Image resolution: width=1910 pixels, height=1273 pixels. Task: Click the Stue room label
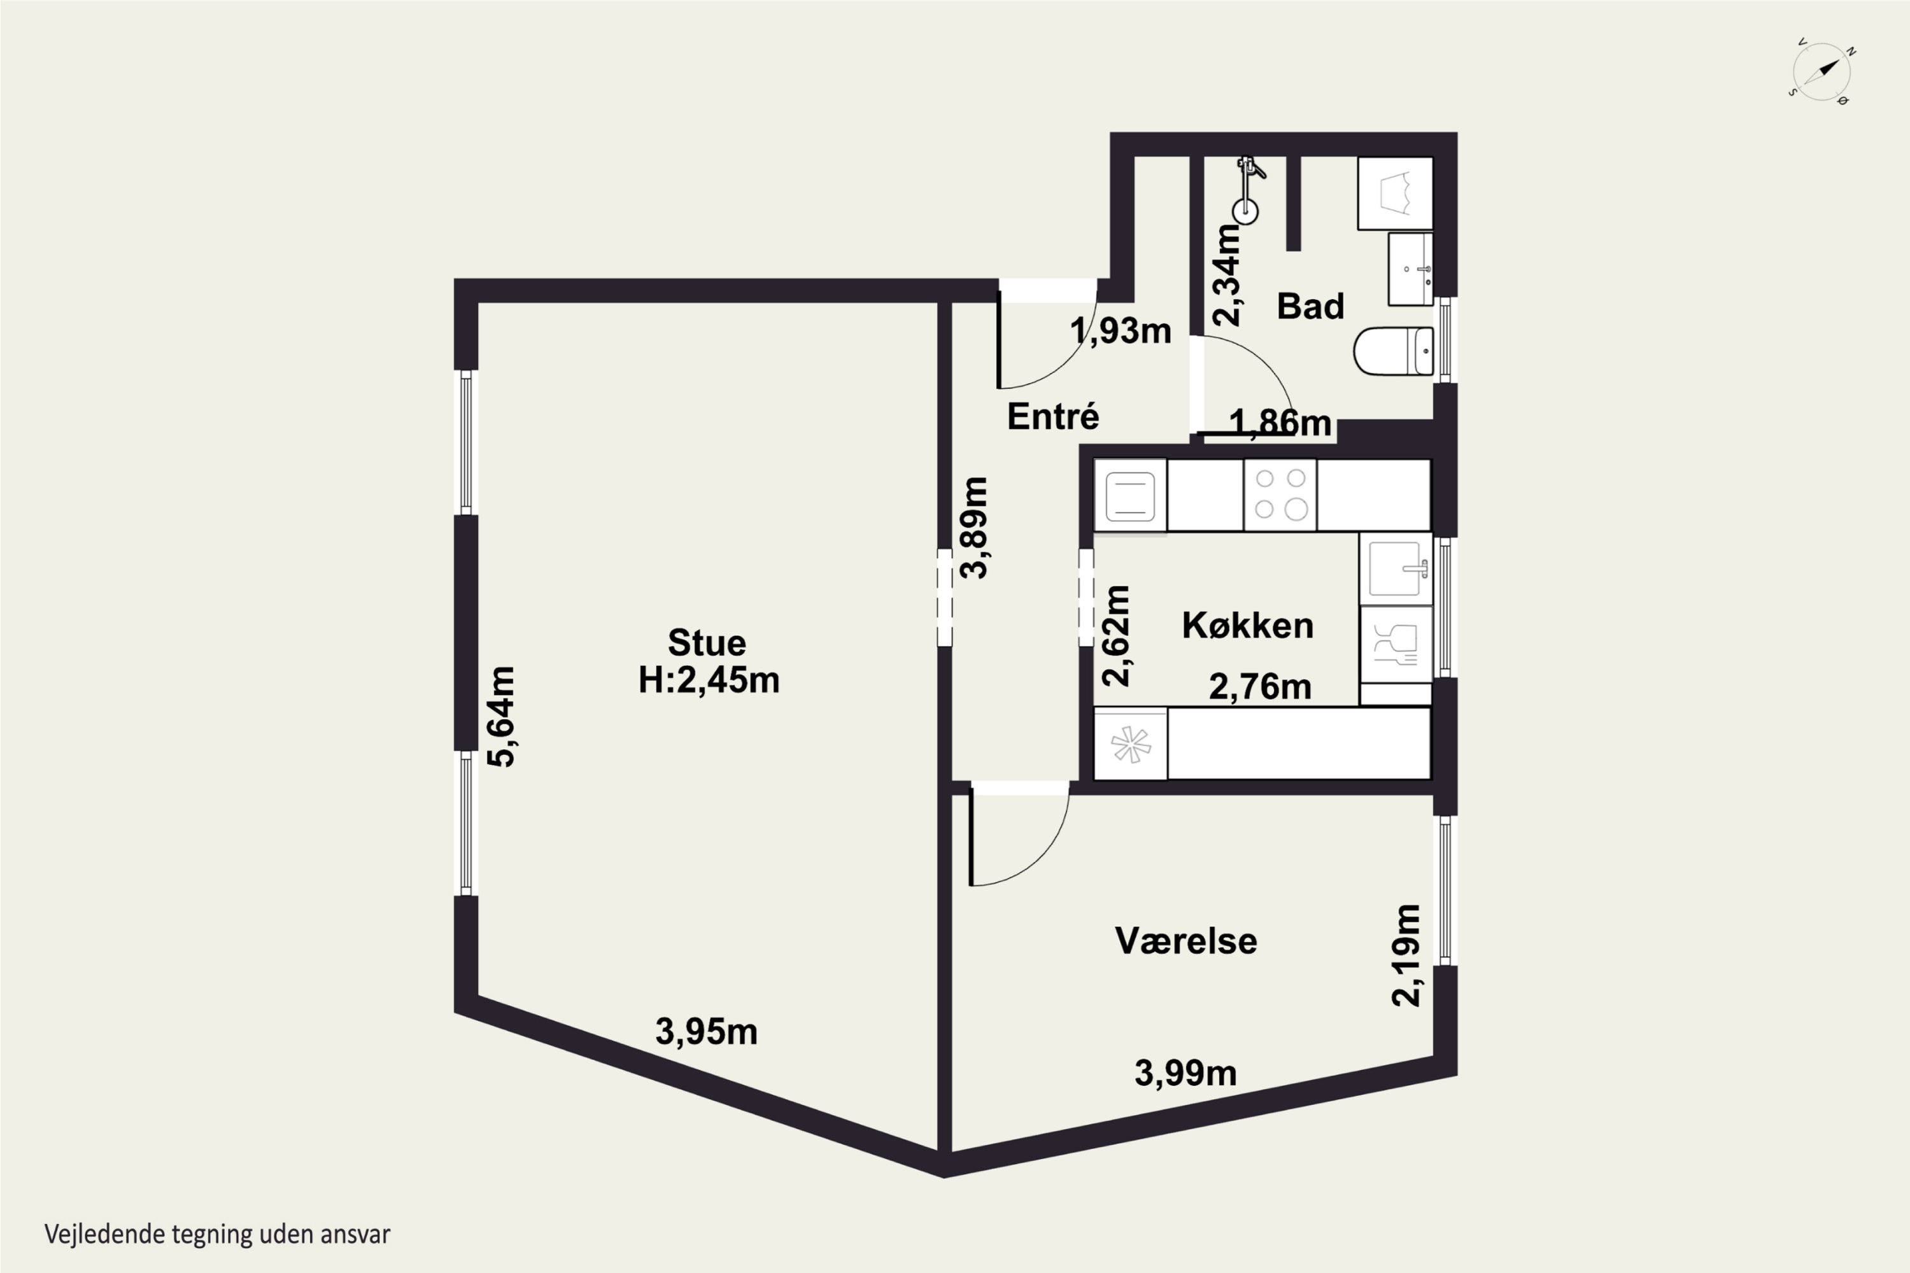tap(707, 643)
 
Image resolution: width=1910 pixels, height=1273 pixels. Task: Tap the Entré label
tap(1053, 416)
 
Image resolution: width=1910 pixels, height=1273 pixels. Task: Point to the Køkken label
tap(1247, 625)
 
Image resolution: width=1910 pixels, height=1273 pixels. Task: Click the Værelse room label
tap(1185, 941)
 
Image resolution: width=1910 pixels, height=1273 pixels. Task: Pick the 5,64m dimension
tap(501, 716)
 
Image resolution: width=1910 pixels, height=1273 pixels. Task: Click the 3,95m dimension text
tap(707, 1032)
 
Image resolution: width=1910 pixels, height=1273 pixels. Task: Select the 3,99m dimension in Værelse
tap(1185, 1073)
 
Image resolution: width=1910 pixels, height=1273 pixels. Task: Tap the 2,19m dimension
tap(1406, 955)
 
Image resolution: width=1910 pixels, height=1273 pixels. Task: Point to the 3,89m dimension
tap(973, 528)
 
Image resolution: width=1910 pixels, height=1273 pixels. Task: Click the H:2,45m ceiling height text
tap(709, 680)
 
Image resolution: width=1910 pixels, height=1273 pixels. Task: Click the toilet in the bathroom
tap(1394, 351)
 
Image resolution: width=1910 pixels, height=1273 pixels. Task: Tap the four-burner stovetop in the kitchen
tap(1280, 495)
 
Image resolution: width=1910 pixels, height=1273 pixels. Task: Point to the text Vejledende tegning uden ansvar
tap(218, 1235)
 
